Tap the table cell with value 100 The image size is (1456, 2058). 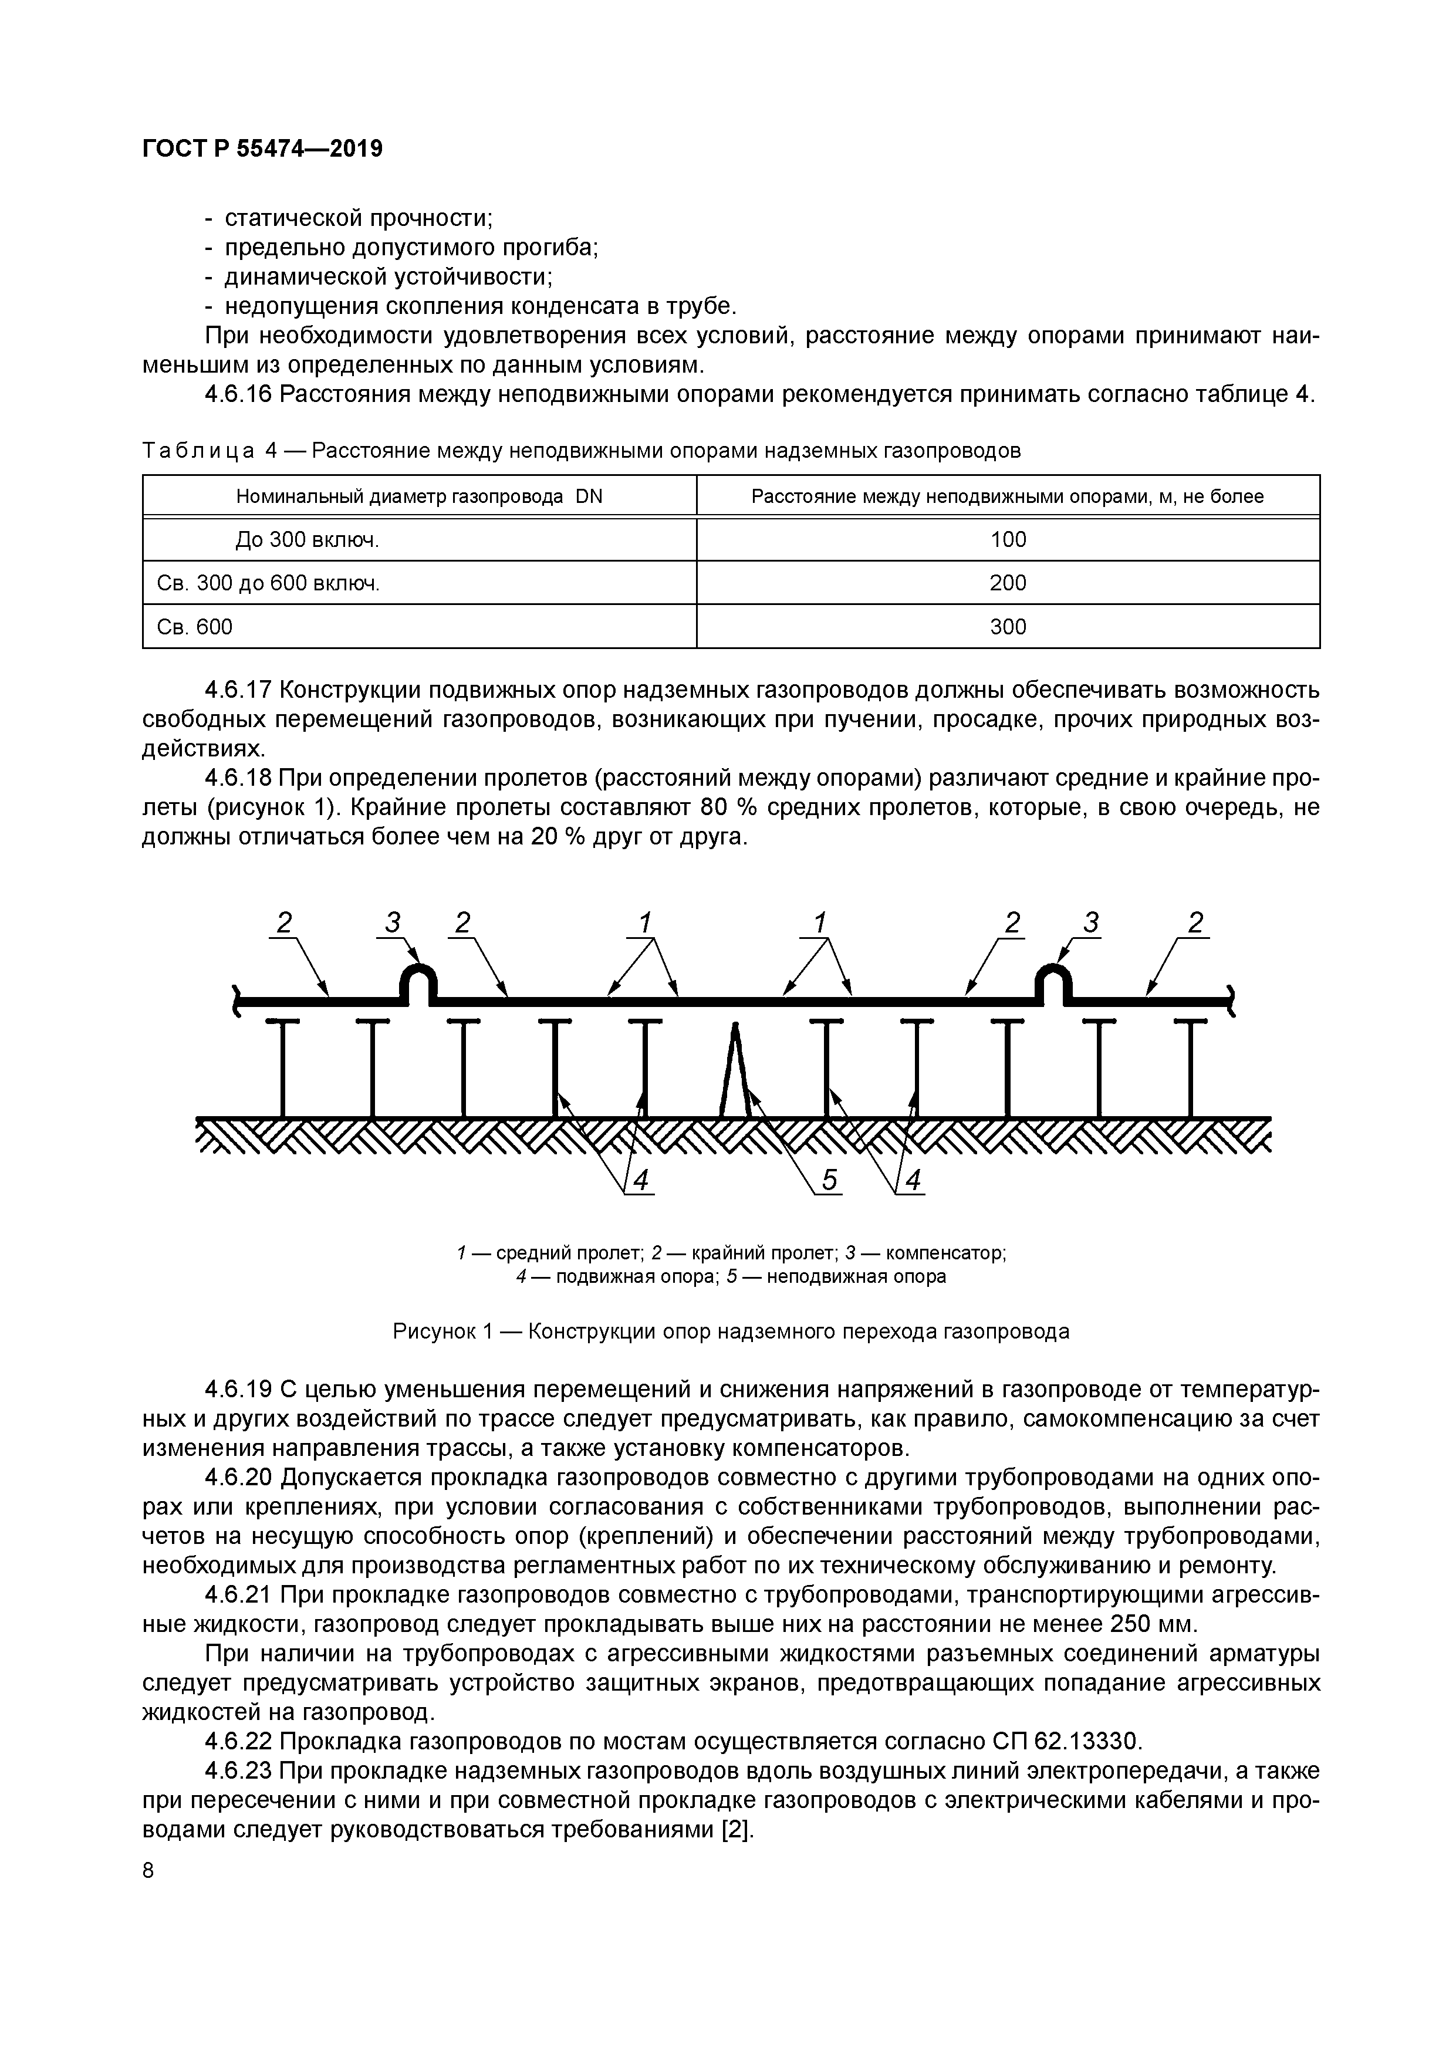coord(1008,540)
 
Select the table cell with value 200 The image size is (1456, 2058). coord(1008,583)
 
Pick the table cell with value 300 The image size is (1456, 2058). coord(1008,627)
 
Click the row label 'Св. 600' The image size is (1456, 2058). coord(195,627)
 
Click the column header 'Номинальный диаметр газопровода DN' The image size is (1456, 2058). coord(418,496)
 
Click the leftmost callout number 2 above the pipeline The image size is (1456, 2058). coord(284,922)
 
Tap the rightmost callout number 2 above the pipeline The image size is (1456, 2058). coord(1195,922)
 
